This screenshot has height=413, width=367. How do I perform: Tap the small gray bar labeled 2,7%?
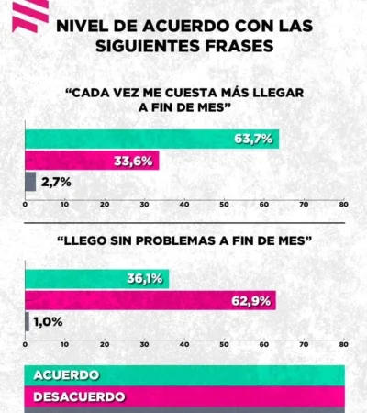[x=30, y=181]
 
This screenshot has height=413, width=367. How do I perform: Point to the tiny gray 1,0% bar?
[x=27, y=320]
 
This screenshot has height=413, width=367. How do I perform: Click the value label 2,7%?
[x=55, y=182]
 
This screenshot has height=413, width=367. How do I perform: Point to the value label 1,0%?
[x=48, y=321]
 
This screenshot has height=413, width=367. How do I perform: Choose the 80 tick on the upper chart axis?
[x=343, y=205]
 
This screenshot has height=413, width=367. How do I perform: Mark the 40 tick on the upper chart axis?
[x=184, y=205]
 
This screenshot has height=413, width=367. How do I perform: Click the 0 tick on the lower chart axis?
[x=25, y=345]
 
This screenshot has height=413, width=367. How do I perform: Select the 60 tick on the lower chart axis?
[x=263, y=345]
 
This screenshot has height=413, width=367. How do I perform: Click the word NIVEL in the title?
[x=81, y=27]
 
